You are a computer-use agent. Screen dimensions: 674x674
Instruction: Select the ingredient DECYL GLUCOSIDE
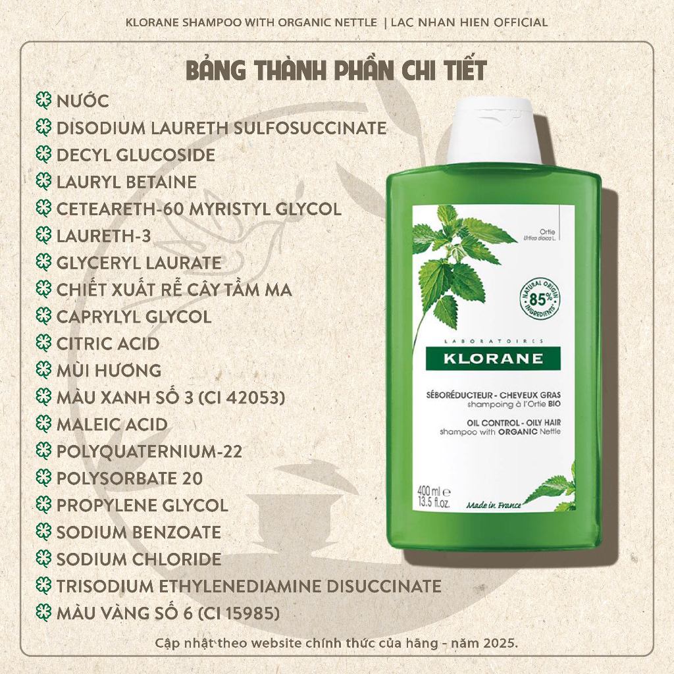click(136, 155)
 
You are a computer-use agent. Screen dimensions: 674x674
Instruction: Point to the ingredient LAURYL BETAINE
click(126, 182)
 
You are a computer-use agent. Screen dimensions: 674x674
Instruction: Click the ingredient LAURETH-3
click(103, 236)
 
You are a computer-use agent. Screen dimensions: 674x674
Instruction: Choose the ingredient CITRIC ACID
click(108, 344)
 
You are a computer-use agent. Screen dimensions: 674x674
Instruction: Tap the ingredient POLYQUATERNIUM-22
click(149, 452)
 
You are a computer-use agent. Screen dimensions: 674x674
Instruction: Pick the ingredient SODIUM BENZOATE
click(138, 532)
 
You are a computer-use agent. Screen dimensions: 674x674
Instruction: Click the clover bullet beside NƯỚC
click(43, 101)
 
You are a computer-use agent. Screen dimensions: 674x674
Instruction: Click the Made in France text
click(494, 505)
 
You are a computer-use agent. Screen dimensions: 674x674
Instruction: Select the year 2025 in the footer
click(500, 644)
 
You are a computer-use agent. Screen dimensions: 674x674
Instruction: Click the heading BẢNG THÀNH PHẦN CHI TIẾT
click(336, 71)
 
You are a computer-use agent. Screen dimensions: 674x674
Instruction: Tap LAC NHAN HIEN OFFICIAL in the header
click(469, 22)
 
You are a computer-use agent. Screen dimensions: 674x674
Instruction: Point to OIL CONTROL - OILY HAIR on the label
click(513, 423)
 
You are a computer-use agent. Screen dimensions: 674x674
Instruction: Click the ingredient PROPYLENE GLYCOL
click(142, 505)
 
